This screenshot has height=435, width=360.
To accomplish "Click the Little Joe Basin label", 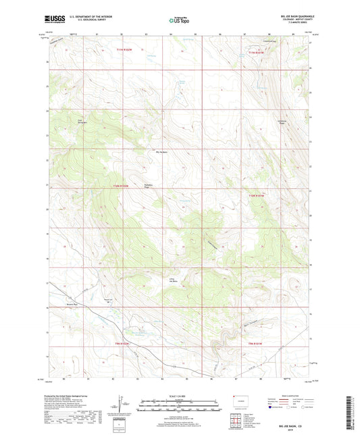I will [174, 279].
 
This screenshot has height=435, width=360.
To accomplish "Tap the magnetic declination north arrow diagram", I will [123, 406].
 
